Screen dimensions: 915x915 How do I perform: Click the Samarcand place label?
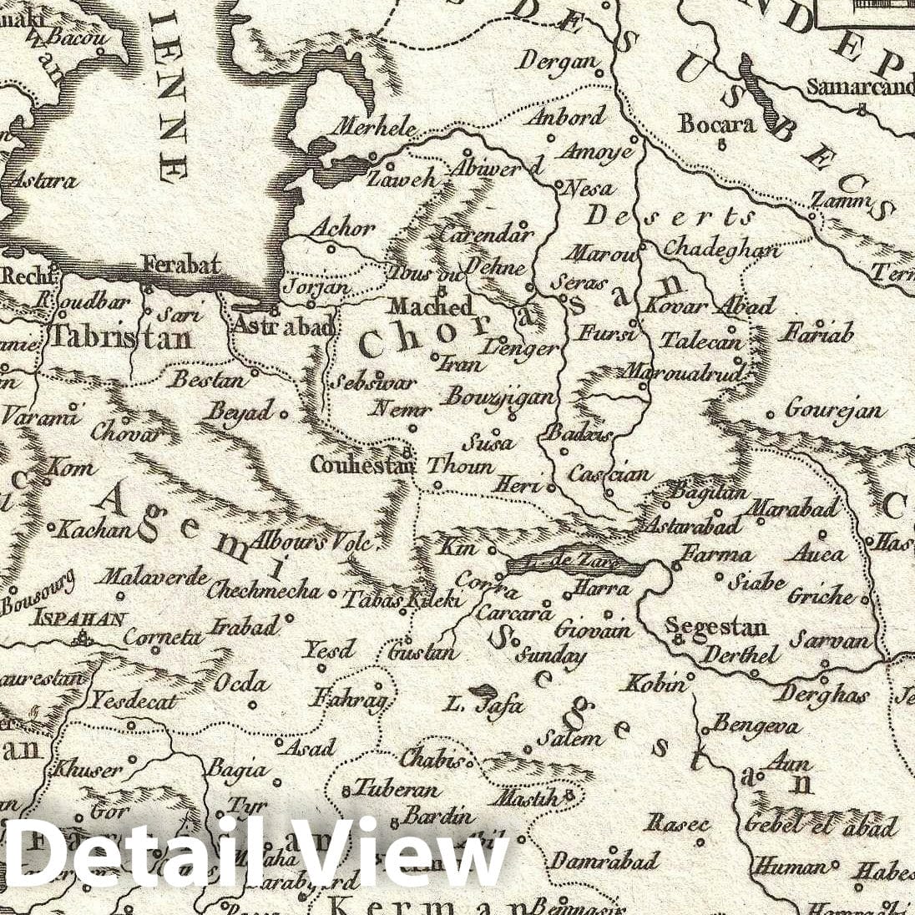[860, 87]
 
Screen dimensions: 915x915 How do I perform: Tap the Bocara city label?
[716, 124]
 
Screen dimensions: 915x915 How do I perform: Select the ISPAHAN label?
[78, 619]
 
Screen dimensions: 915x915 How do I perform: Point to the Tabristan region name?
[122, 337]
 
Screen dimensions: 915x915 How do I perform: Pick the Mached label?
[430, 306]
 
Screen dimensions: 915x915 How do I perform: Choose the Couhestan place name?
[361, 464]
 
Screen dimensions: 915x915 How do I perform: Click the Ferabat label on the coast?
[181, 265]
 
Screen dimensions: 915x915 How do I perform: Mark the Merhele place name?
[375, 128]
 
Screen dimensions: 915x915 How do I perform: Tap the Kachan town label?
[97, 529]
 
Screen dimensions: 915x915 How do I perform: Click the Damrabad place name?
[604, 860]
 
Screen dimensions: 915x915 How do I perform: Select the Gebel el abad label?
[821, 826]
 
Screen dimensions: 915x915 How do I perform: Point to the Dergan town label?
[558, 61]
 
